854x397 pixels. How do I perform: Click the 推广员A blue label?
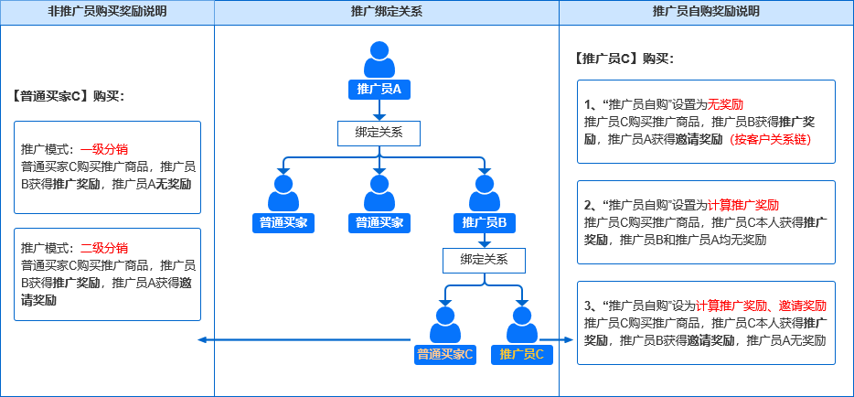379,89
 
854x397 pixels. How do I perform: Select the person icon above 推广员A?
379,59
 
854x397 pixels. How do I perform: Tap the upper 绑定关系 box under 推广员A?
379,134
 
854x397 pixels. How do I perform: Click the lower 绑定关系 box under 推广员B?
484,260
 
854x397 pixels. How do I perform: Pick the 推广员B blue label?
484,222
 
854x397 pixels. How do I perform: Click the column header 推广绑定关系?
386,12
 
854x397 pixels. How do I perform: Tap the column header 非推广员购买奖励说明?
107,12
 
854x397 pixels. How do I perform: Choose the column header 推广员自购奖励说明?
706,12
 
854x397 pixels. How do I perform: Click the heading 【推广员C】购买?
624,59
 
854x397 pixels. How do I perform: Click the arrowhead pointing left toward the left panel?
202,340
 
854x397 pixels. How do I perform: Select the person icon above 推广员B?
484,193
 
